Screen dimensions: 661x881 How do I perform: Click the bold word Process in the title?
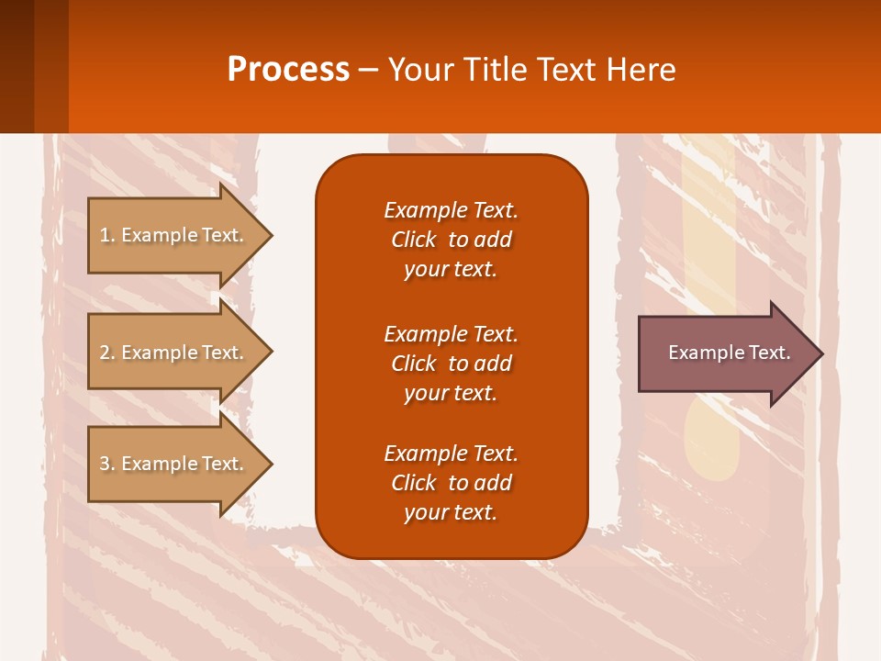point(288,70)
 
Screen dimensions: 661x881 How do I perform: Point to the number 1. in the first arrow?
point(107,235)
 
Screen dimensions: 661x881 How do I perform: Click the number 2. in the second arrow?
point(107,353)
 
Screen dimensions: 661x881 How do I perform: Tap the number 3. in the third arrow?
point(107,464)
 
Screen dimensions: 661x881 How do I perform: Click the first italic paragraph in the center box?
point(451,240)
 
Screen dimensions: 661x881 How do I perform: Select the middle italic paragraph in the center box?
point(451,363)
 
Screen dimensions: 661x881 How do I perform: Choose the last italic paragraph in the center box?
point(451,483)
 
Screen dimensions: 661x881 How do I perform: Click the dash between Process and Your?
point(368,70)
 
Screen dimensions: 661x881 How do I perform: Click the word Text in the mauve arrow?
point(770,353)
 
